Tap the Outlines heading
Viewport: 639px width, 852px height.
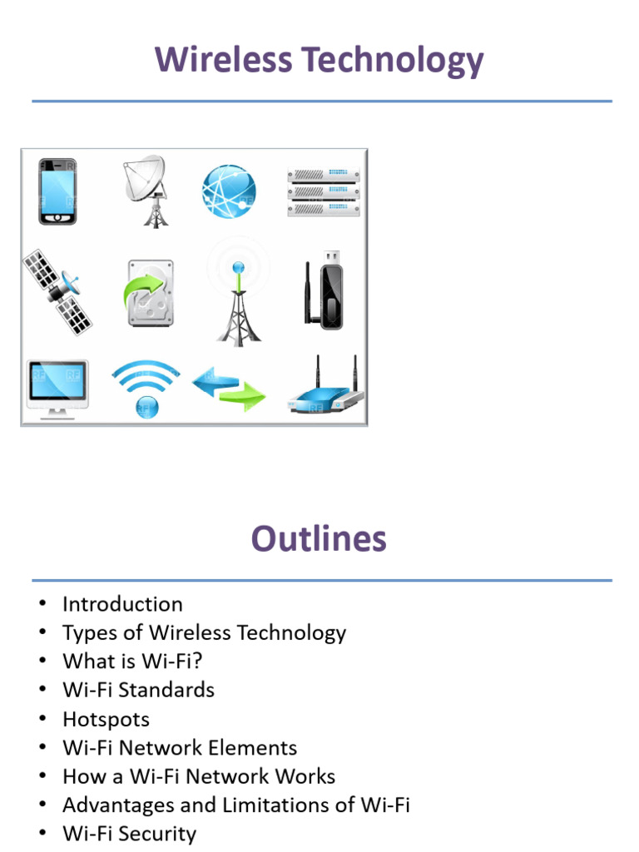[319, 539]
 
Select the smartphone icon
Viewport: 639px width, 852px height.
[57, 191]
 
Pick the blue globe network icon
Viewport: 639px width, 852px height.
[228, 191]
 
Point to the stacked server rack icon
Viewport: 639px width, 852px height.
[323, 191]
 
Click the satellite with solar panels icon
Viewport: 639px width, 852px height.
[57, 290]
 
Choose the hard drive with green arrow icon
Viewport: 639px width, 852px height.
[150, 293]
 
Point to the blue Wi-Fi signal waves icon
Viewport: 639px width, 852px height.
[146, 387]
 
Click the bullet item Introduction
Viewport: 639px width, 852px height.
[122, 604]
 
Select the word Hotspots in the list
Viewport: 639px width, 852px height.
[106, 719]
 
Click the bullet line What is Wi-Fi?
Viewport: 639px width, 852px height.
[132, 661]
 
